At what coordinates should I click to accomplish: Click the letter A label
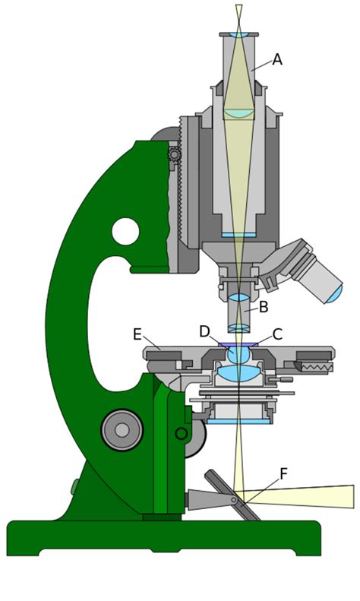277,59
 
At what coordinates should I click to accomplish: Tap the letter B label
264,307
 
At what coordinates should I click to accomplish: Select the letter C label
277,334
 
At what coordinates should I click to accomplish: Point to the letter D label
204,331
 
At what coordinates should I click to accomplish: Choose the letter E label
137,334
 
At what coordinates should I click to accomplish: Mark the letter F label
283,473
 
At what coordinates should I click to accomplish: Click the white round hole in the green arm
125,230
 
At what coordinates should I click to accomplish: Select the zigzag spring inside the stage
317,367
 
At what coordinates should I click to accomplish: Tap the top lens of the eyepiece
238,35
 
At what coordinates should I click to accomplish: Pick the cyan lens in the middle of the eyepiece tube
238,113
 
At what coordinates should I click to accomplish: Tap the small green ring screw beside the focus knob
182,434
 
